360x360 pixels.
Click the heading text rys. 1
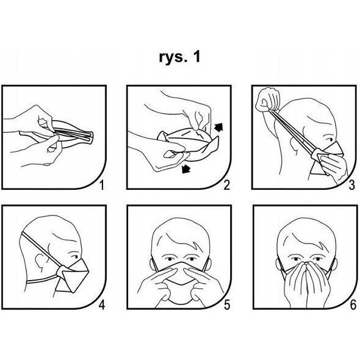[179, 57]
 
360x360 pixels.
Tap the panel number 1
[102, 185]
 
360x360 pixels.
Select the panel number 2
[227, 185]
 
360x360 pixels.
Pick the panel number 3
[351, 185]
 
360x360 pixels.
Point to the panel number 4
[102, 305]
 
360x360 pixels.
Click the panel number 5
[227, 305]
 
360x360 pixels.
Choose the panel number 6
[353, 305]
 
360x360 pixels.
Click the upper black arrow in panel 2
[218, 127]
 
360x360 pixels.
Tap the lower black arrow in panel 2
[186, 169]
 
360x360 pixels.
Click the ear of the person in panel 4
[40, 261]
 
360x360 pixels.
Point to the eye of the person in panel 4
[74, 257]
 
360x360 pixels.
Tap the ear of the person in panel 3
[294, 144]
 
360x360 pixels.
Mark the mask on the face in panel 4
[73, 276]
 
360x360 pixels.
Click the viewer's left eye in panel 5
[169, 259]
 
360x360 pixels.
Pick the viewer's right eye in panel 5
[191, 259]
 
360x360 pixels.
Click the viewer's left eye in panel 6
[295, 259]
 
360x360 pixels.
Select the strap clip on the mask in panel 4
[62, 272]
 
